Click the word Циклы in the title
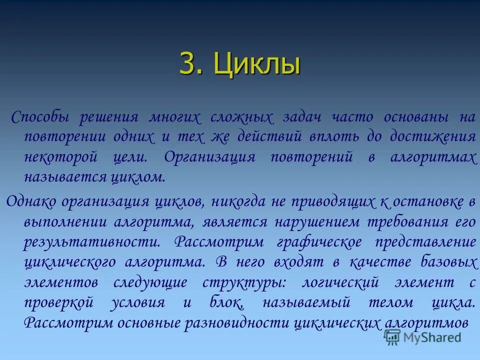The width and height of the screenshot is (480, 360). pyautogui.click(x=257, y=65)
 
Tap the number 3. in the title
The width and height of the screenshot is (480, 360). pyautogui.click(x=192, y=65)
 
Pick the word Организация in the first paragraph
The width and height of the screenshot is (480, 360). pyautogui.click(x=209, y=157)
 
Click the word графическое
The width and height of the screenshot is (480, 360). pyautogui.click(x=319, y=242)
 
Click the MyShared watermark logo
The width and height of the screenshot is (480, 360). pyautogui.click(x=422, y=337)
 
